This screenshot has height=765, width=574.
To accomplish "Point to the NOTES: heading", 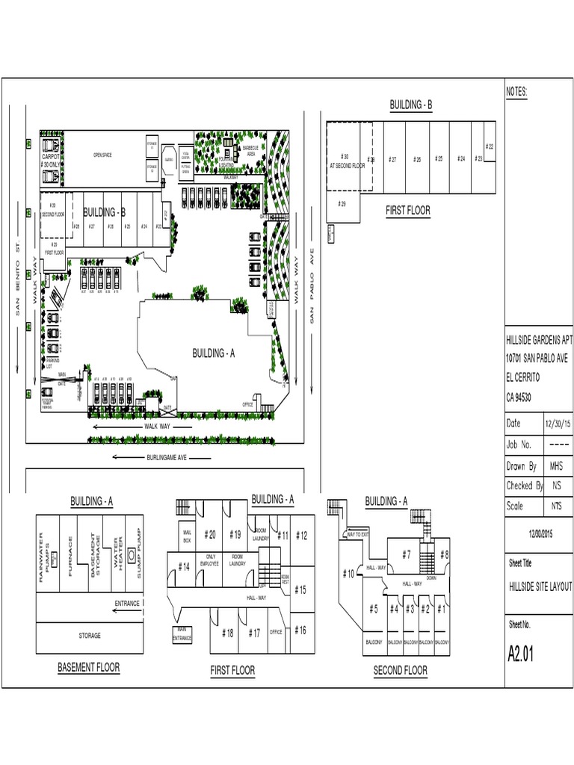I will tap(517, 92).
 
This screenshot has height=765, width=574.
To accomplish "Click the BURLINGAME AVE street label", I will tap(166, 456).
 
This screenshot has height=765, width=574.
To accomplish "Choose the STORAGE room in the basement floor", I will tap(90, 636).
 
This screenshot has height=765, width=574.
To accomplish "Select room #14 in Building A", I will tap(184, 567).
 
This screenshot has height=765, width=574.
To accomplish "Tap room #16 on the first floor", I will tap(300, 630).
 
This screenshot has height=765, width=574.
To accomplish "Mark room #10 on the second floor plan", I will tap(348, 574).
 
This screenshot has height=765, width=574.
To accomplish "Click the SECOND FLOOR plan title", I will tap(400, 671).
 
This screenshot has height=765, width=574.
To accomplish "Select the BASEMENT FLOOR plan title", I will tap(88, 667).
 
